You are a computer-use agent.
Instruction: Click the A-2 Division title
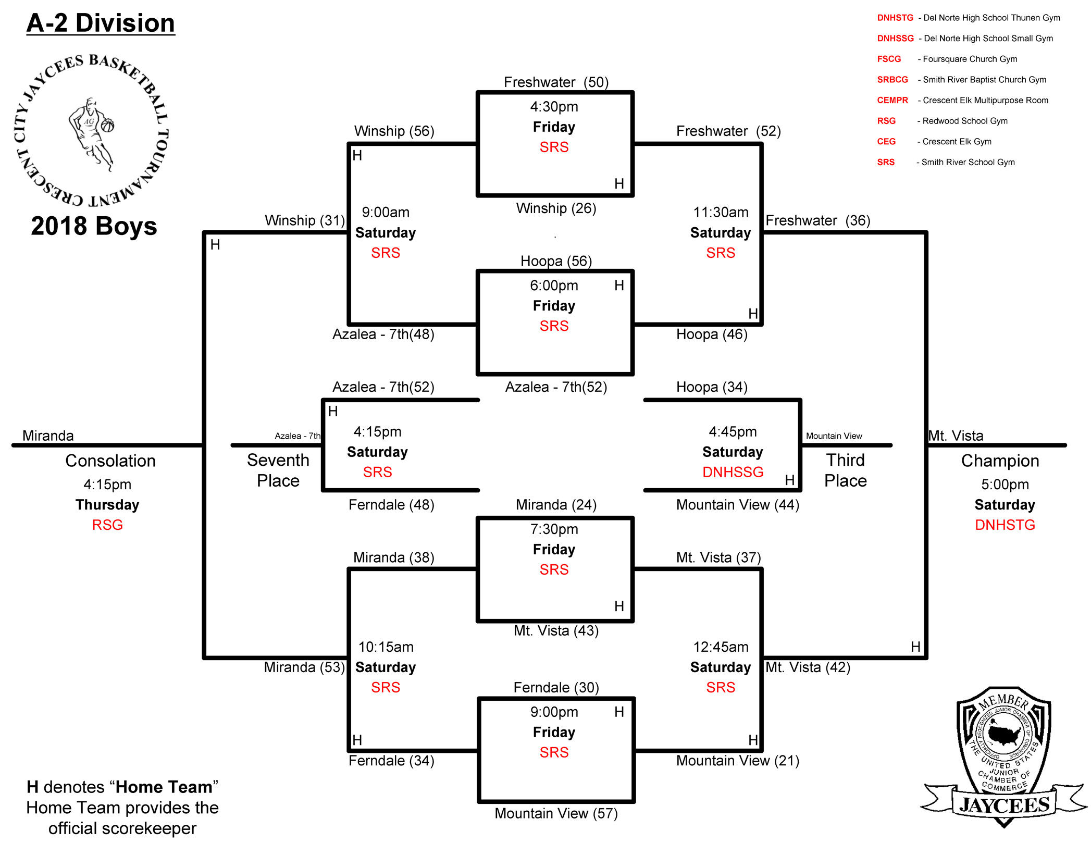pos(101,23)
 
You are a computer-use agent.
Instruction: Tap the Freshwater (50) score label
pos(556,82)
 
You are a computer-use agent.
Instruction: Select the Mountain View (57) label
pos(556,813)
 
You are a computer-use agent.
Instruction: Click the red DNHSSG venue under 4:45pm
pos(733,472)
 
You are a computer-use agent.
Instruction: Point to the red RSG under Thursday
pos(107,525)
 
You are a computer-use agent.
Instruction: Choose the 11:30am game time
pos(721,213)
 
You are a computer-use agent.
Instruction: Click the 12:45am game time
pos(721,647)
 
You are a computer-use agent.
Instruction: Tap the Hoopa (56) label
pos(556,261)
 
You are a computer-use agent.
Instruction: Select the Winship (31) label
pos(305,220)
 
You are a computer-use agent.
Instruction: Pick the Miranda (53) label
pos(304,667)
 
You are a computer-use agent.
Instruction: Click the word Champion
pos(1000,461)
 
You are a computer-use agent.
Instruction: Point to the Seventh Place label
pos(278,470)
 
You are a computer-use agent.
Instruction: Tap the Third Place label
pos(845,470)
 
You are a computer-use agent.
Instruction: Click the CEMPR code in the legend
pos(892,101)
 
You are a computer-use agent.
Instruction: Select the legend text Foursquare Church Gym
pos(970,59)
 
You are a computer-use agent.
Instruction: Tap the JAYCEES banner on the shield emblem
pos(1004,805)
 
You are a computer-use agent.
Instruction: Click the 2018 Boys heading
pos(94,226)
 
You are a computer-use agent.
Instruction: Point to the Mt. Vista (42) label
pos(808,667)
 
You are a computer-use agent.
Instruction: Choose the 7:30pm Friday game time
pos(554,529)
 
